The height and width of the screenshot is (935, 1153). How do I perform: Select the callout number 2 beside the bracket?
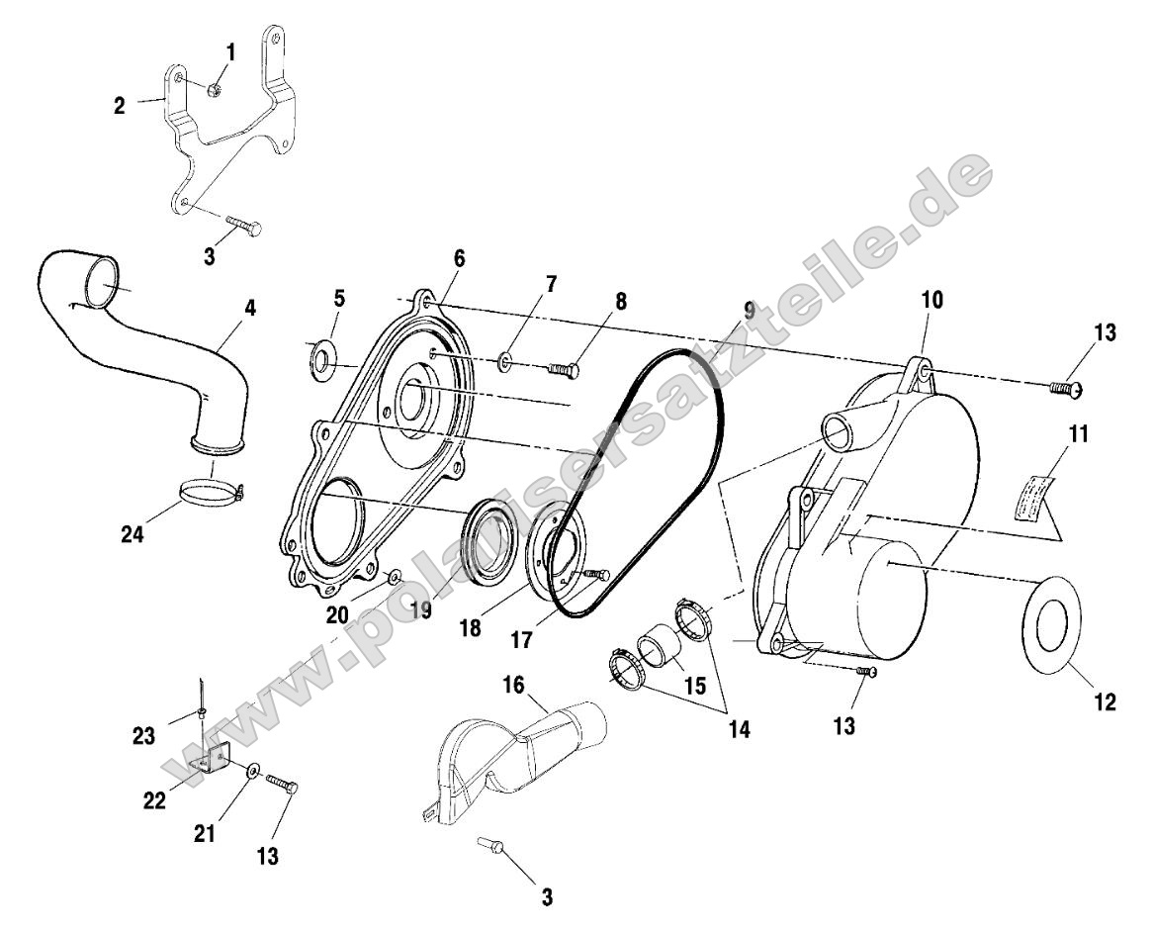(x=120, y=105)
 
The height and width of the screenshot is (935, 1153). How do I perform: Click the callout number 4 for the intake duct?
(x=250, y=308)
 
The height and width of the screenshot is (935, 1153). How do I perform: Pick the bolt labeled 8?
(x=563, y=369)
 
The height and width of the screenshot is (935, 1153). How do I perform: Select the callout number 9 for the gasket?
(x=749, y=310)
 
